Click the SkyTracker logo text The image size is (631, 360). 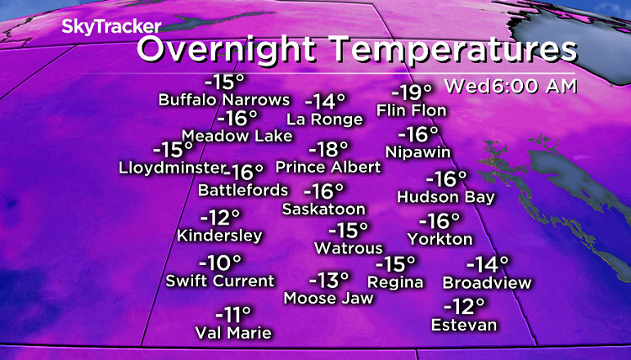coord(100,26)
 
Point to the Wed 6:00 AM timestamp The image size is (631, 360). coord(510,86)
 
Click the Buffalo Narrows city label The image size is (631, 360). coord(224,100)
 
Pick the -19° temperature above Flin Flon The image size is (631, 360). coord(411,92)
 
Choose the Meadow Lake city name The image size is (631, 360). coord(237,136)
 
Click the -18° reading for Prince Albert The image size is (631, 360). coord(328,150)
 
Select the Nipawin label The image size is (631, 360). coord(418,151)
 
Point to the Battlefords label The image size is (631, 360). coord(243,190)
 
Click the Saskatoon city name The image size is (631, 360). coord(323,209)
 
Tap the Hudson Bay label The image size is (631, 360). coord(446,197)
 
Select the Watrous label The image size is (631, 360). coord(349,247)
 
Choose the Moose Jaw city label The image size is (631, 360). coord(328,299)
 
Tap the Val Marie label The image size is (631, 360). coord(232,332)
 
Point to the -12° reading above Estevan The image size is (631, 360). coord(464,307)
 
